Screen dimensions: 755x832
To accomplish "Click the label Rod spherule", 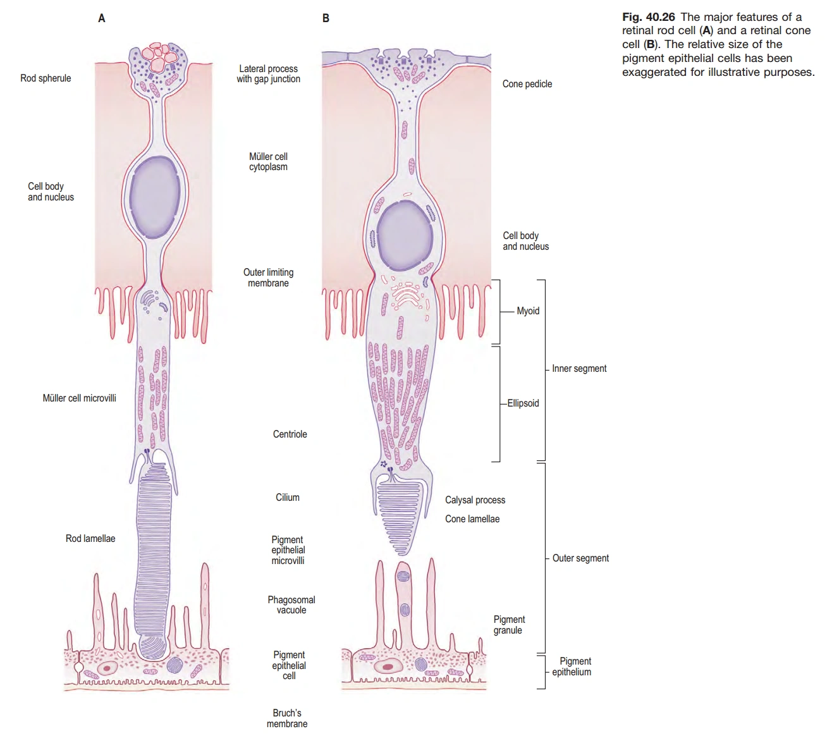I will [x=46, y=78].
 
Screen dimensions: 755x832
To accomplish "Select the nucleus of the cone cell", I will [x=404, y=237].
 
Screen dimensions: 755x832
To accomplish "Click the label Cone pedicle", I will [x=527, y=84].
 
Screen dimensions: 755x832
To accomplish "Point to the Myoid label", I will [x=528, y=311].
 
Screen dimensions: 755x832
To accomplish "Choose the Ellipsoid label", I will [x=523, y=403].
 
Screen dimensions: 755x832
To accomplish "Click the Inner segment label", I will [x=579, y=369].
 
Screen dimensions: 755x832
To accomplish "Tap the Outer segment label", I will [x=580, y=558].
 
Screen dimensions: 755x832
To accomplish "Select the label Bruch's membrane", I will [x=287, y=718].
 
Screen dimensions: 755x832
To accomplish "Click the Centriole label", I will [x=290, y=434].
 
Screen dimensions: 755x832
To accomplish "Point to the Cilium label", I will [x=288, y=498].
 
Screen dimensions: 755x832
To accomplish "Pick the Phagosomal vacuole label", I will [x=291, y=605].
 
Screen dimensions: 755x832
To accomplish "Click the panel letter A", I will [x=101, y=19].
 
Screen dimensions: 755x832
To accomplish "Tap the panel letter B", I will [x=326, y=19].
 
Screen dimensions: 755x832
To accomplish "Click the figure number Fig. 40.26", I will [x=649, y=17].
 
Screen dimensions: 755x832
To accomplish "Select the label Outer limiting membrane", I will [x=268, y=278].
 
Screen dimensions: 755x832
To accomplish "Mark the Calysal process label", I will [x=475, y=500].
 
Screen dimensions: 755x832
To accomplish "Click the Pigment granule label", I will [x=509, y=625].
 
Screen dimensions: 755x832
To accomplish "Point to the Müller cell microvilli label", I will [x=79, y=398].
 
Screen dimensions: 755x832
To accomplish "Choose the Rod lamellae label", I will [x=90, y=539].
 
